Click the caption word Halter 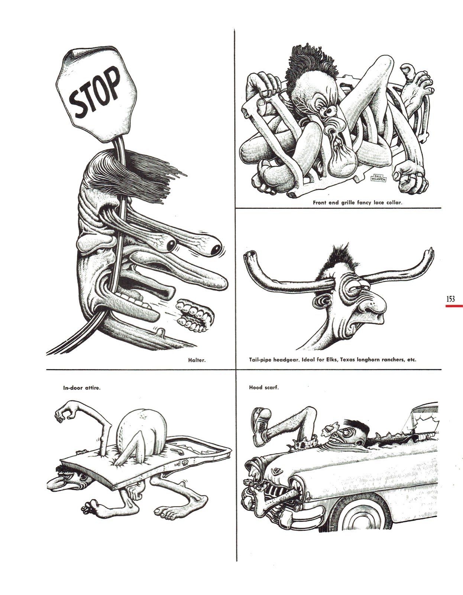click(x=197, y=360)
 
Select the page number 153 click(x=450, y=299)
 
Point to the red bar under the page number click(x=454, y=306)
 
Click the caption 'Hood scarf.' click(x=263, y=387)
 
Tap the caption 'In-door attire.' click(x=82, y=388)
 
